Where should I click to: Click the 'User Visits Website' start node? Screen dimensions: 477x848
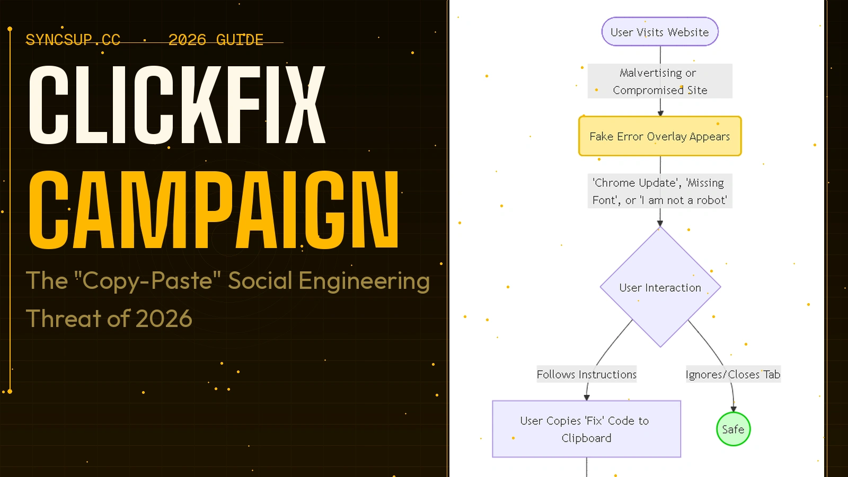point(660,32)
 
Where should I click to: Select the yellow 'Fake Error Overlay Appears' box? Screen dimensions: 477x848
point(660,136)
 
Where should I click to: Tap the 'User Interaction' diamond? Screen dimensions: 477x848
point(660,287)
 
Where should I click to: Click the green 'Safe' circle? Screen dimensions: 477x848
point(733,429)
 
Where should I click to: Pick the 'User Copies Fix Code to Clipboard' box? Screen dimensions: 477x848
point(586,429)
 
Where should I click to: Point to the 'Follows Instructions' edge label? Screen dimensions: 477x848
point(586,374)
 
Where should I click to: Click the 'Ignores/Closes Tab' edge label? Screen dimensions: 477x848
point(732,374)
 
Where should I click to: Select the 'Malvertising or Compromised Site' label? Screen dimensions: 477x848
point(660,81)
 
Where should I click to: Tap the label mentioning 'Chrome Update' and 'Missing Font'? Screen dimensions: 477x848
point(660,191)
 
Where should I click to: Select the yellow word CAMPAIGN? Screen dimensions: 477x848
point(213,210)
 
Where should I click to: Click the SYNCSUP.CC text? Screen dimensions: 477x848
point(73,40)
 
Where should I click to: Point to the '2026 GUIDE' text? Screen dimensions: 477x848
point(216,40)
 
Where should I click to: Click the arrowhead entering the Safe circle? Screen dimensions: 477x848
point(734,409)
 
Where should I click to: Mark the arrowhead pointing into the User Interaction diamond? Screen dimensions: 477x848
point(660,224)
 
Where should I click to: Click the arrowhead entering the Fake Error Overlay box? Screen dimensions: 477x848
point(660,113)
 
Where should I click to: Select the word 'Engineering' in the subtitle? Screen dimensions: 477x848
point(364,281)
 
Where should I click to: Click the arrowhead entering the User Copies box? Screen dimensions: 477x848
point(587,397)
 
